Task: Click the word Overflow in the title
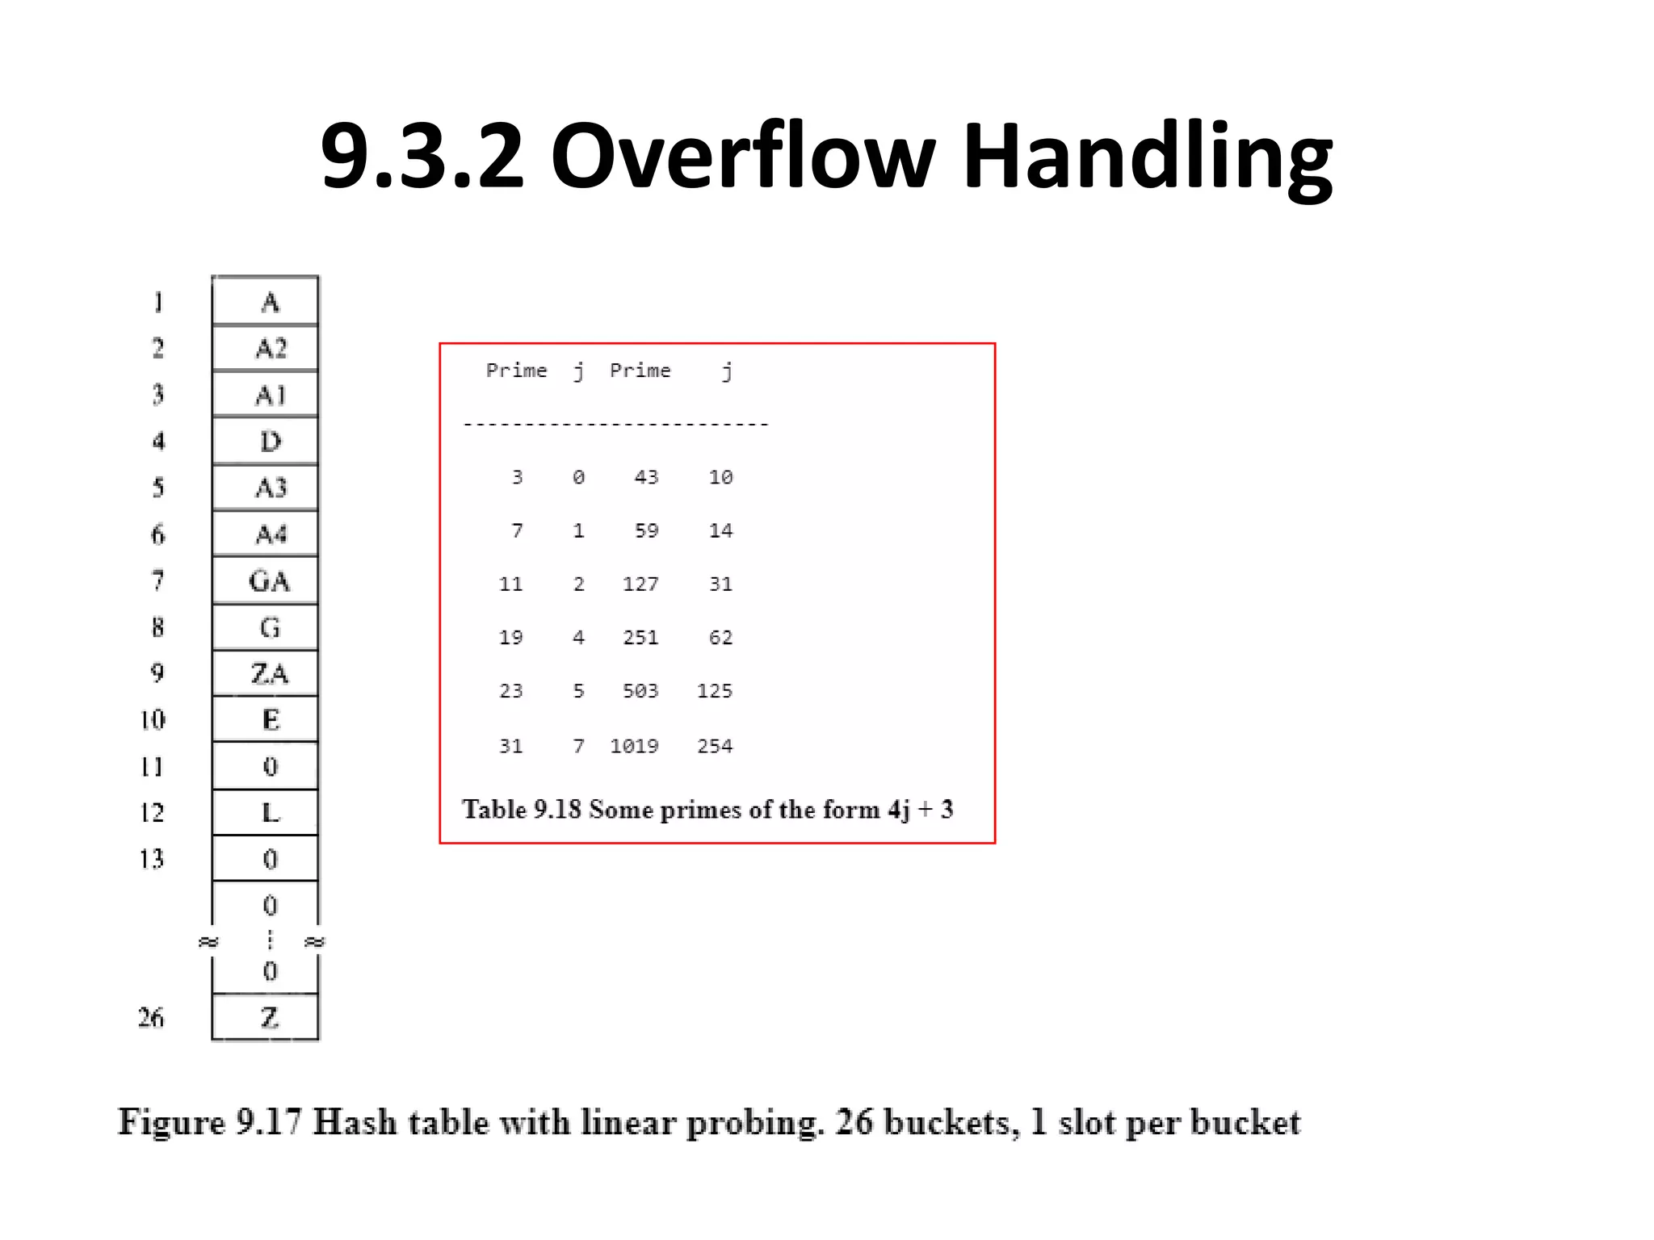[x=743, y=155]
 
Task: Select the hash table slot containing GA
[x=268, y=581]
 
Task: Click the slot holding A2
[x=270, y=349]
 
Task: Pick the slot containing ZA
[x=268, y=673]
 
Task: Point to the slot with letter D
[x=270, y=442]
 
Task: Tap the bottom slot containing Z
[x=268, y=1018]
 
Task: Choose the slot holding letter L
[x=270, y=812]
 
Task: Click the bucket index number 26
[x=151, y=1018]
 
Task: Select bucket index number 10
[x=153, y=719]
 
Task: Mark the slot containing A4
[x=270, y=534]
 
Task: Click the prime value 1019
[x=634, y=746]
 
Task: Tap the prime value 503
[x=640, y=691]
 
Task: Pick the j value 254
[x=715, y=746]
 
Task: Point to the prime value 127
[x=640, y=584]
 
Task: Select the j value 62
[x=720, y=638]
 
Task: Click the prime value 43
[x=646, y=477]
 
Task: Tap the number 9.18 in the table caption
[x=556, y=810]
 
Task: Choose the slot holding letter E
[x=270, y=719]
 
